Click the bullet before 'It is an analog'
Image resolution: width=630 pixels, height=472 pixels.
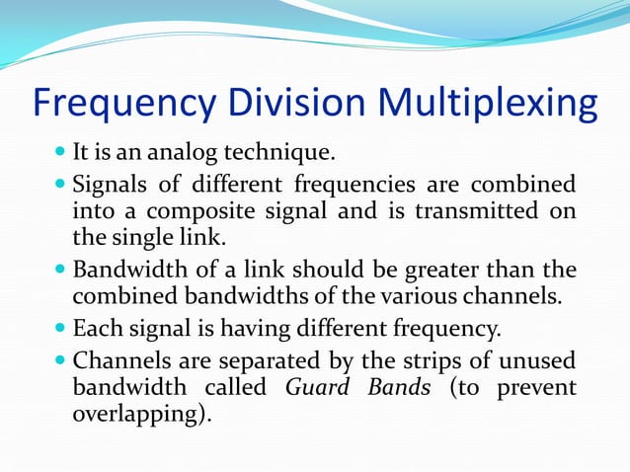tap(60, 154)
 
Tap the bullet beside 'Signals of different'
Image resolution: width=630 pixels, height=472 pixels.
tap(60, 185)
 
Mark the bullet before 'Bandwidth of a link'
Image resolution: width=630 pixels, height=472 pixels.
tap(60, 270)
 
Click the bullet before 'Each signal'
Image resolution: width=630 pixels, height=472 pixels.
tap(60, 328)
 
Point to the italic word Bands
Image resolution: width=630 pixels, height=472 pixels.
tap(398, 386)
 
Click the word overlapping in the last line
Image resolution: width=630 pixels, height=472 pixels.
tap(136, 414)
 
